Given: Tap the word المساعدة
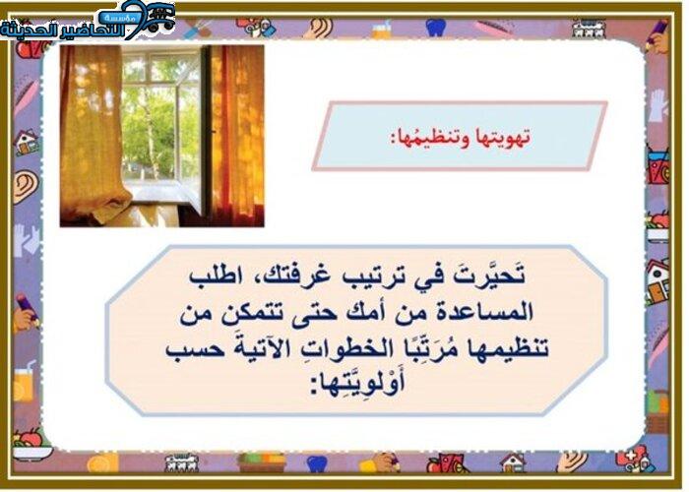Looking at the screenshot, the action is coord(484,312).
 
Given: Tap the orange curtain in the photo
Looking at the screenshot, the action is coord(236,135).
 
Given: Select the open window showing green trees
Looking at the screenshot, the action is coord(160,119).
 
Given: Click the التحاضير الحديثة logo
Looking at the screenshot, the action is coord(88,21).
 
